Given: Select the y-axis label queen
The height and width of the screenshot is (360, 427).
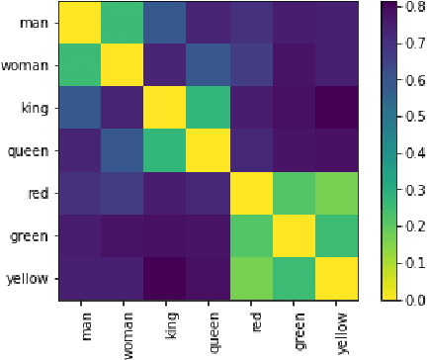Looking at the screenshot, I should pyautogui.click(x=30, y=151).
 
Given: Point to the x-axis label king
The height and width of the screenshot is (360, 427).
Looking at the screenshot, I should pyautogui.click(x=164, y=327).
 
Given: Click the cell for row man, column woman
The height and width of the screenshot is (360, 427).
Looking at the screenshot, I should pyautogui.click(x=121, y=23).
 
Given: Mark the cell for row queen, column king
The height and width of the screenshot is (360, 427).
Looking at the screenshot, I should pyautogui.click(x=163, y=151).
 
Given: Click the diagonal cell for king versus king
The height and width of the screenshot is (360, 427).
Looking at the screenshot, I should pyautogui.click(x=163, y=109).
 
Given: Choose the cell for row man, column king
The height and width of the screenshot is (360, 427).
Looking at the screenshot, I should pyautogui.click(x=163, y=23).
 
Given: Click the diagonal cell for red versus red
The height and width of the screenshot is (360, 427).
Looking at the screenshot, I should pyautogui.click(x=249, y=194).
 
